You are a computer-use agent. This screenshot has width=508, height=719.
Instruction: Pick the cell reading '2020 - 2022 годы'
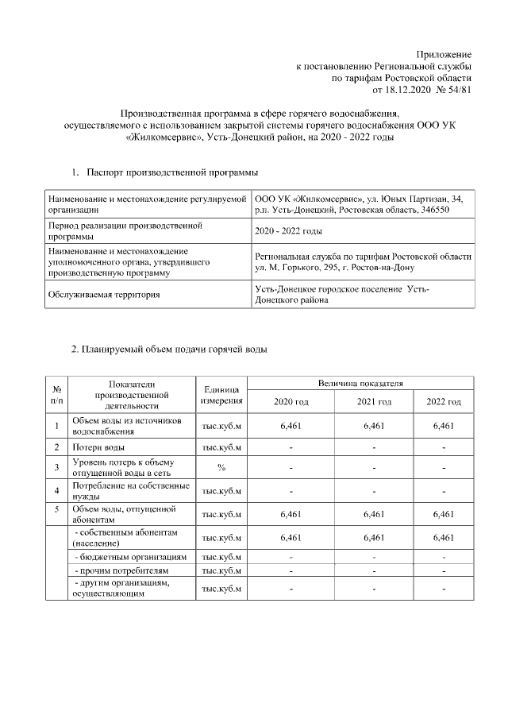pyautogui.click(x=288, y=230)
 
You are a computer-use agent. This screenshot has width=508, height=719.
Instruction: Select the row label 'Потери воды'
pyautogui.click(x=98, y=447)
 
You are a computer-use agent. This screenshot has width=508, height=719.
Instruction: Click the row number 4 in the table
pyautogui.click(x=57, y=490)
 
